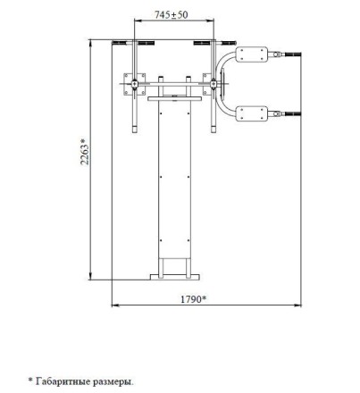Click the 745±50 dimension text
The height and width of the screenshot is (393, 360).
tap(172, 15)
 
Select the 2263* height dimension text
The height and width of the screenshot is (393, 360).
tap(85, 151)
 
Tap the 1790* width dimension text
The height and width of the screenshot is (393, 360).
tap(193, 299)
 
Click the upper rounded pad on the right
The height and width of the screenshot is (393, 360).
tap(252, 54)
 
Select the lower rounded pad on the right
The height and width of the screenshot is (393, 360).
tap(252, 113)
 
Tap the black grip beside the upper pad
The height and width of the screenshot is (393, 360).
tap(293, 54)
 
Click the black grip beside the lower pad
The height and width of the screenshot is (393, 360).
tap(293, 113)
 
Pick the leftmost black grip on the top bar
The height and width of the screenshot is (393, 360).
tap(120, 43)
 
